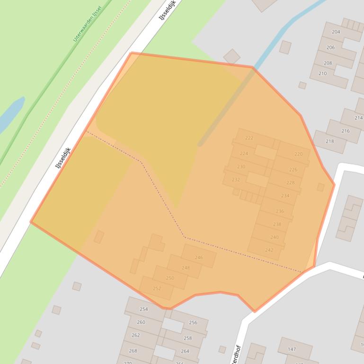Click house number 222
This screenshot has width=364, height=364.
249,138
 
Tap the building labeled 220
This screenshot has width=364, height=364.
298,154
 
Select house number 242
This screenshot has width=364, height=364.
269,250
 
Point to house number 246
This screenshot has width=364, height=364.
199,258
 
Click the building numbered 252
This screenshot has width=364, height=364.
157,288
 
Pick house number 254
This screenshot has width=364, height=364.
143,309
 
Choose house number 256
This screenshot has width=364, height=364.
193,323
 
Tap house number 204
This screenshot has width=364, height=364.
336,32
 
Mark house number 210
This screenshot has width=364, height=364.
322,74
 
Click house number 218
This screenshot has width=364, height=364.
329,141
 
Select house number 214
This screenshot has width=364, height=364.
358,118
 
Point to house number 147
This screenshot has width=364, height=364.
292,349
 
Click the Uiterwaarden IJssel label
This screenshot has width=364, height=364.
87,24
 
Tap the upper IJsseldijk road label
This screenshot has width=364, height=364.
167,10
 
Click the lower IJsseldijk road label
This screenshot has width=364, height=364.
62,157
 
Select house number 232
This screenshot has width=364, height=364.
236,180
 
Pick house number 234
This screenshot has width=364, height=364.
285,195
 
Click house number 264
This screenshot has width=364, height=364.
185,351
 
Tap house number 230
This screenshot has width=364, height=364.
241,166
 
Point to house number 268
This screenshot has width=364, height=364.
133,351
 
